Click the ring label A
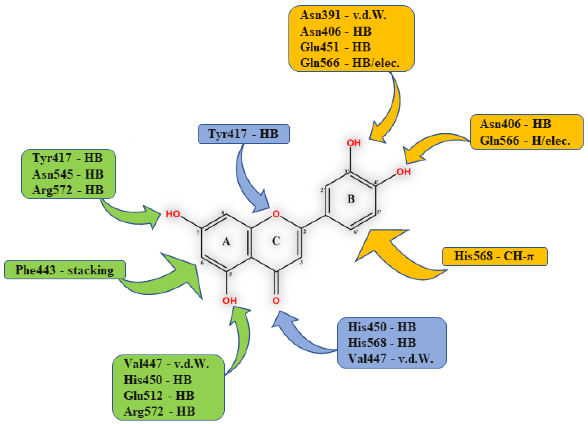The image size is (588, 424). click(x=226, y=242)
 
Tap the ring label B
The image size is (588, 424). click(x=351, y=199)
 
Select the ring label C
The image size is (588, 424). click(x=276, y=241)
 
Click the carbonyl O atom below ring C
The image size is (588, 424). click(x=276, y=301)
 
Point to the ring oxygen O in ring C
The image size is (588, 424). click(x=276, y=214)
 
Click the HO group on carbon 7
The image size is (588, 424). click(x=173, y=214)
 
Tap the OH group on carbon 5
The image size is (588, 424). click(x=229, y=301)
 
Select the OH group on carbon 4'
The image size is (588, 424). click(x=404, y=172)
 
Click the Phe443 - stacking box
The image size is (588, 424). click(x=65, y=270)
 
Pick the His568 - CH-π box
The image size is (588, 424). click(x=495, y=256)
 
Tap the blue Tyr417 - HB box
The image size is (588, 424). click(x=244, y=134)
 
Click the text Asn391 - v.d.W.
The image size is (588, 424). click(x=343, y=15)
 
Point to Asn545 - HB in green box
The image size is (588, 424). click(x=68, y=174)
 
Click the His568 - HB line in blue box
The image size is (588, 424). click(x=382, y=342)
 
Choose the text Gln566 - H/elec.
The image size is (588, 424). click(x=525, y=141)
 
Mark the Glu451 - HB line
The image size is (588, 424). click(x=335, y=47)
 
